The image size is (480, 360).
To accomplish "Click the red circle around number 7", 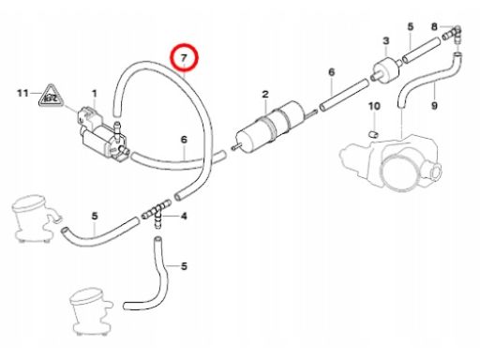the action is coord(184,45).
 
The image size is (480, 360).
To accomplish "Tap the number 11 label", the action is coord(22,93).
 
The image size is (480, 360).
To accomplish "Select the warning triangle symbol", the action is coord(51,96).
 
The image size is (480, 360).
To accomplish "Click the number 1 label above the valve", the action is coord(95,94).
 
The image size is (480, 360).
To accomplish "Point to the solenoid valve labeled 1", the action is coord(103,134).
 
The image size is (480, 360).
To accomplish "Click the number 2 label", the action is coord(265,94).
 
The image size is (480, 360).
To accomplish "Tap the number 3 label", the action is coord(386,40).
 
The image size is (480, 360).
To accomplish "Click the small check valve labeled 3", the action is coord(386,69).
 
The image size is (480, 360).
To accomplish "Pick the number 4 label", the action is coord(184,216).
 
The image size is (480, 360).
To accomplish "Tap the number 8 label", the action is coord(434,27).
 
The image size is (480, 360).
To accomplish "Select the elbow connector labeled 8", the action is coord(453,35).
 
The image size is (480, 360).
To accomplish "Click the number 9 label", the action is coord(434,106).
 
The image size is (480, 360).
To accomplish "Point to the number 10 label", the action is coord(374,106).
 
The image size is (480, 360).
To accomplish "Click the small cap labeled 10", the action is coord(373,134).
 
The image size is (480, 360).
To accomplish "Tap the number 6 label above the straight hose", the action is coord(332,72).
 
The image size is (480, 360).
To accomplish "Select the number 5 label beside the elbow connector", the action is coord(411,26).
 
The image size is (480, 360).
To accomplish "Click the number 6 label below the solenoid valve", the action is coord(184,139).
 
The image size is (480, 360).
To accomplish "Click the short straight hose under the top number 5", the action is coord(421,50).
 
